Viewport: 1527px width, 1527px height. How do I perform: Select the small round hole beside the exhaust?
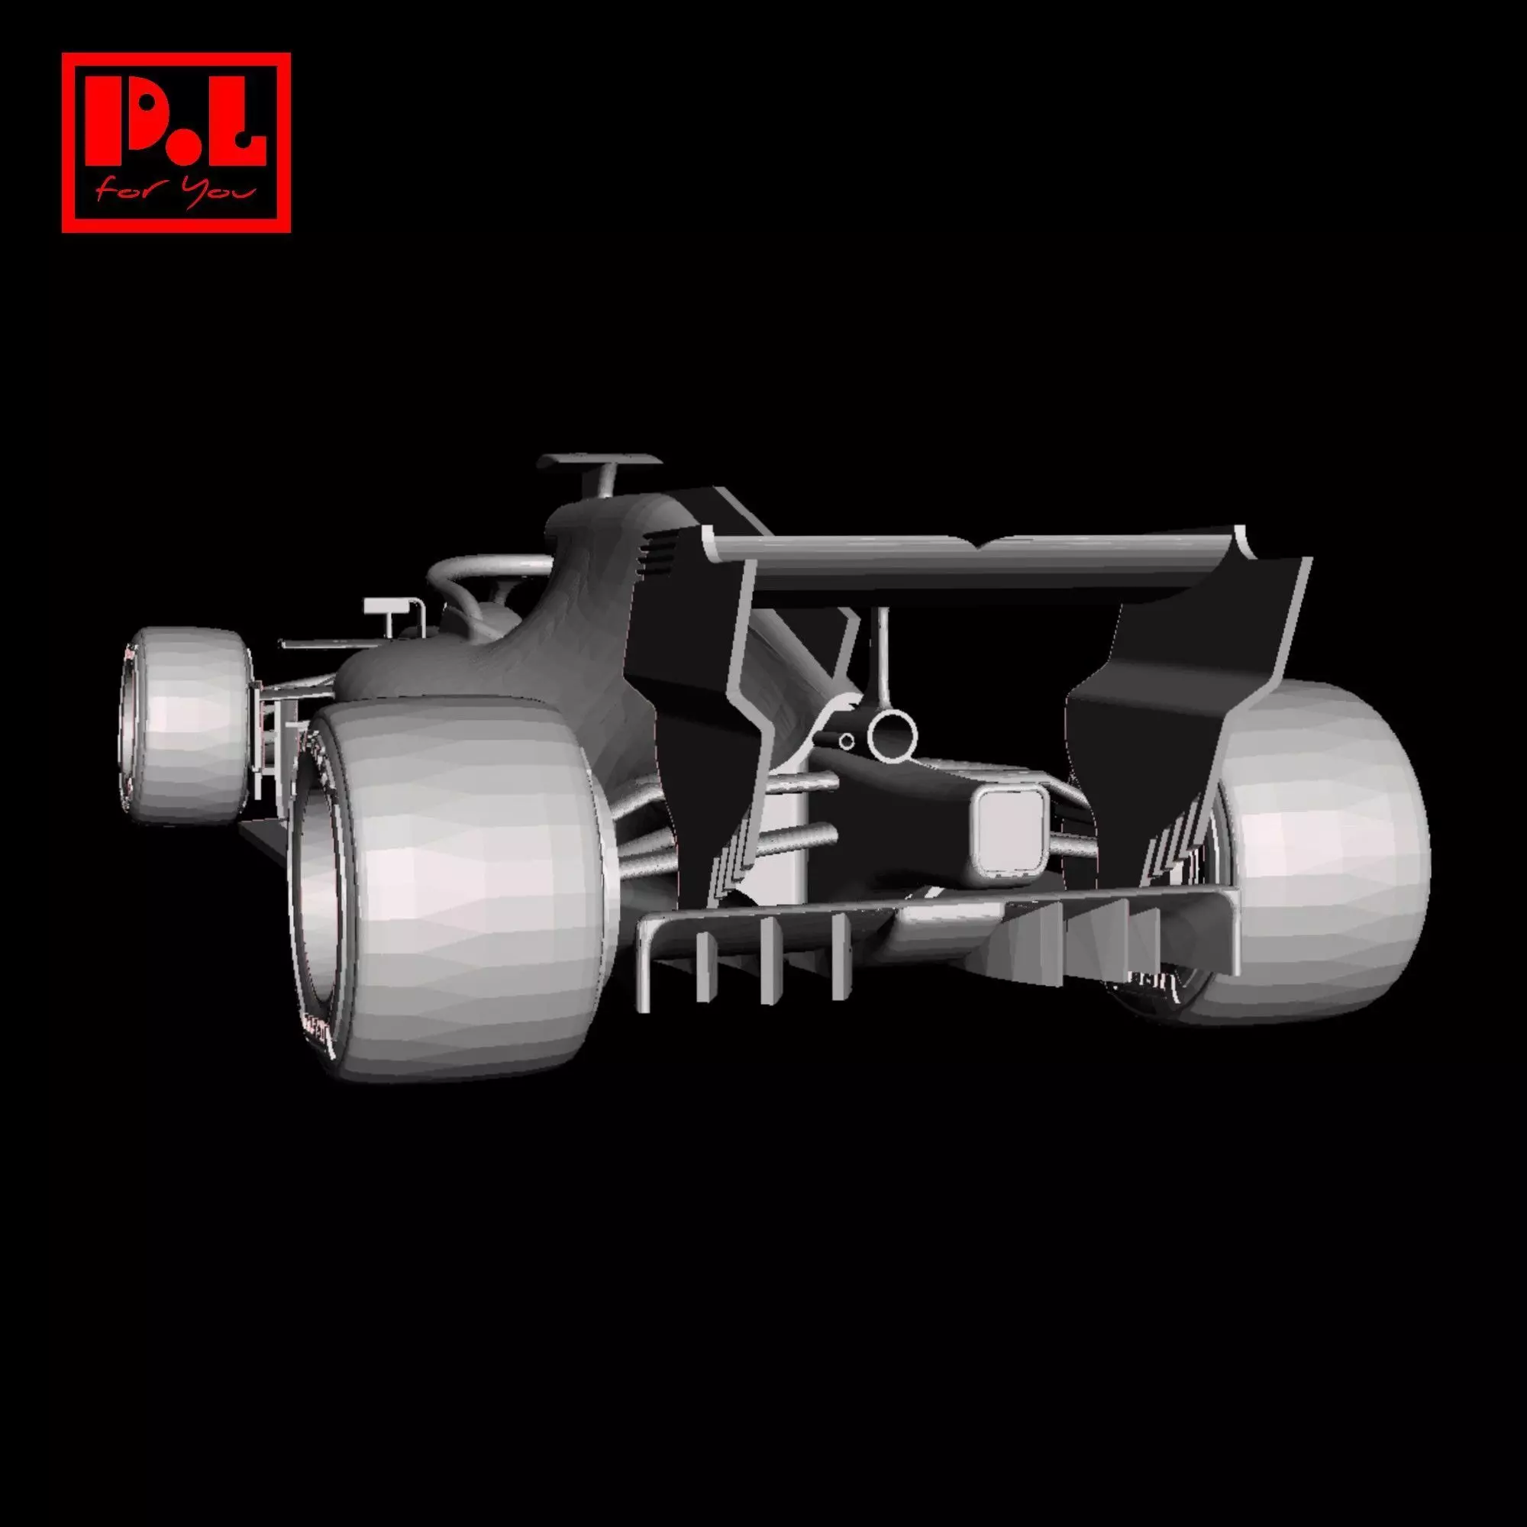coord(847,741)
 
